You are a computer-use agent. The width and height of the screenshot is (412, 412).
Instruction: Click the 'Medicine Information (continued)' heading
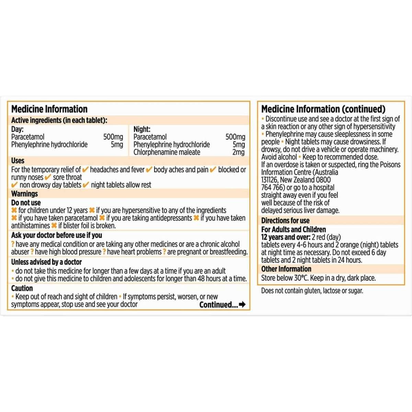pyautogui.click(x=323, y=109)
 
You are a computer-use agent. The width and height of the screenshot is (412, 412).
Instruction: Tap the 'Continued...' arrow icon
pyautogui.click(x=242, y=305)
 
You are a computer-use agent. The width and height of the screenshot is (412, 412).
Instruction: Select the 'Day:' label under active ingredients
pyautogui.click(x=17, y=129)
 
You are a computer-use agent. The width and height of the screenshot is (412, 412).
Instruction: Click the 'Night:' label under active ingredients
pyautogui.click(x=142, y=129)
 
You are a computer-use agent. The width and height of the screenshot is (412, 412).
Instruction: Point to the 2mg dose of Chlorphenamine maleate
pyautogui.click(x=238, y=152)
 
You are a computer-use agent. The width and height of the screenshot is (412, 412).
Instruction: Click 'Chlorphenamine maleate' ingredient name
pyautogui.click(x=167, y=152)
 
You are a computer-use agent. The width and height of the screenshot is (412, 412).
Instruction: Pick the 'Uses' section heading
pyautogui.click(x=18, y=161)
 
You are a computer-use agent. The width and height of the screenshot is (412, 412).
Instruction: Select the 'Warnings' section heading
pyautogui.click(x=24, y=194)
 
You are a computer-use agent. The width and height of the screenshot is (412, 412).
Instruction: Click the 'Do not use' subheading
pyautogui.click(x=26, y=203)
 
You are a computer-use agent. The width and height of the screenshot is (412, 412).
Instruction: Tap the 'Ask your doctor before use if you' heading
pyautogui.click(x=56, y=235)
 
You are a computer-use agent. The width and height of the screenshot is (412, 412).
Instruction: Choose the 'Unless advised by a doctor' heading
pyautogui.click(x=46, y=262)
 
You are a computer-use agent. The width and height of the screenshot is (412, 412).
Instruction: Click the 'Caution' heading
pyautogui.click(x=22, y=288)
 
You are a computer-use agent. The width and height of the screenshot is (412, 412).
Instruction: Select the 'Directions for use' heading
pyautogui.click(x=285, y=220)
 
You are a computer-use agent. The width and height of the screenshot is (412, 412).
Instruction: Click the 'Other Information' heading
pyautogui.click(x=286, y=269)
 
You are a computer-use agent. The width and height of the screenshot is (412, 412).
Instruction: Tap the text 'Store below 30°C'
pyautogui.click(x=282, y=278)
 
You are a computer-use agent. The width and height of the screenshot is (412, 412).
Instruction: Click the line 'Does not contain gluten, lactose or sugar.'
pyautogui.click(x=312, y=291)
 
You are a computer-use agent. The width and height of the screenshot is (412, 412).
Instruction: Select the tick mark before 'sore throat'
pyautogui.click(x=48, y=177)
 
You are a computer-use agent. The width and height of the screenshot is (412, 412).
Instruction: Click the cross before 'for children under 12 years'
pyautogui.click(x=14, y=210)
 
